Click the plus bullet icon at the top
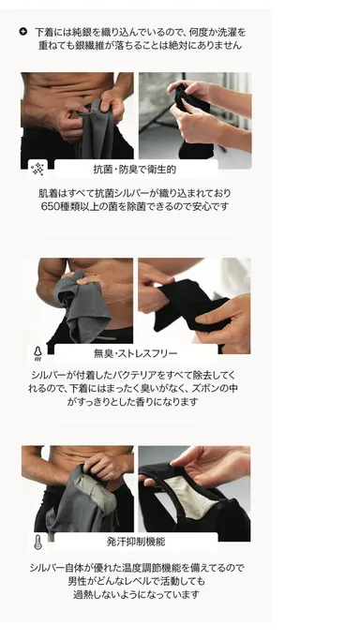tap(23, 32)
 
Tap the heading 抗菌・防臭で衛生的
tap(134, 170)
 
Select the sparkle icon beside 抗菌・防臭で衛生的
tap(38, 170)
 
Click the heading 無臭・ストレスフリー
tap(134, 354)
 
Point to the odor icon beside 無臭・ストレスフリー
tap(38, 354)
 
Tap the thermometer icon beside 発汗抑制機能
tap(38, 542)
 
